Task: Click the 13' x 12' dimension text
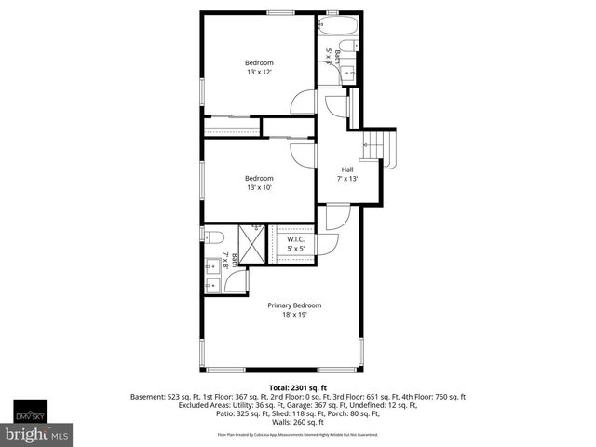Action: tap(260, 73)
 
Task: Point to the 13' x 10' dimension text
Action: tap(260, 187)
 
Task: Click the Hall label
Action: tap(347, 169)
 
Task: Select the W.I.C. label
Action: tap(296, 239)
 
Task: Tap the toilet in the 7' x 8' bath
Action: tap(210, 237)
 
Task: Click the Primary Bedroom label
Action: tap(294, 305)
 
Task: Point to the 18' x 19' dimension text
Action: tap(294, 315)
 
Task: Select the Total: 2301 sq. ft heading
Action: tap(298, 386)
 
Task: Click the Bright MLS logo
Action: tap(37, 434)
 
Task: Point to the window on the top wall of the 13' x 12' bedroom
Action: tap(279, 11)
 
